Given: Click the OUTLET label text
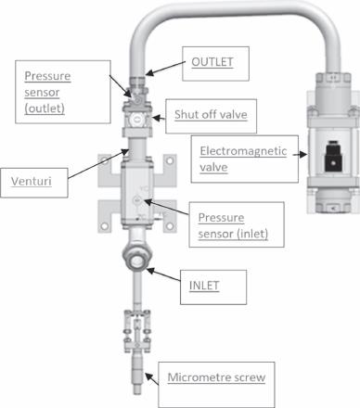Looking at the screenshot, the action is pyautogui.click(x=212, y=62).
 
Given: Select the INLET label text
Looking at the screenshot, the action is pyautogui.click(x=204, y=286).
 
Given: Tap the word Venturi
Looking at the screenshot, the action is pyautogui.click(x=32, y=181).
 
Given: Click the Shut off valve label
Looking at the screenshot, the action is pyautogui.click(x=211, y=115).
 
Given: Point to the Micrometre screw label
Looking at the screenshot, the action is pyautogui.click(x=216, y=377).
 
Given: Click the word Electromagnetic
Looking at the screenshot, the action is pyautogui.click(x=243, y=151).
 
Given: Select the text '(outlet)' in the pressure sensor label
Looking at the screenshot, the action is pyautogui.click(x=45, y=108).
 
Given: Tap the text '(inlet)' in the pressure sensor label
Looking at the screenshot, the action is pyautogui.click(x=252, y=234).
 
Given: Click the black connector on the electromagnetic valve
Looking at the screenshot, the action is pyautogui.click(x=333, y=157).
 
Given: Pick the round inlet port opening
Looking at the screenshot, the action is pyautogui.click(x=136, y=261).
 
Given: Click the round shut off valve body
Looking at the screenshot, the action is pyautogui.click(x=136, y=119).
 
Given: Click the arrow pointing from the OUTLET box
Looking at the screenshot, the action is pyautogui.click(x=165, y=68).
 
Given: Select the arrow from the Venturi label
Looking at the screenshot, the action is pyautogui.click(x=98, y=163).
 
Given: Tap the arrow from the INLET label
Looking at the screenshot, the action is pyautogui.click(x=163, y=274).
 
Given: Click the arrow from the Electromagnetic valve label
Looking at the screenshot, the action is pyautogui.click(x=300, y=155).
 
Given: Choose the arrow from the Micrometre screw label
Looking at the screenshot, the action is pyautogui.click(x=152, y=379).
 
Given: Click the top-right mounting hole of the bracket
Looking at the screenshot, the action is pyautogui.click(x=170, y=160).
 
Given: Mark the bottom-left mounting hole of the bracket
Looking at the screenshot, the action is pyautogui.click(x=105, y=226).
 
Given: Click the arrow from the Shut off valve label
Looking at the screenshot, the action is pyautogui.click(x=159, y=118).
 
